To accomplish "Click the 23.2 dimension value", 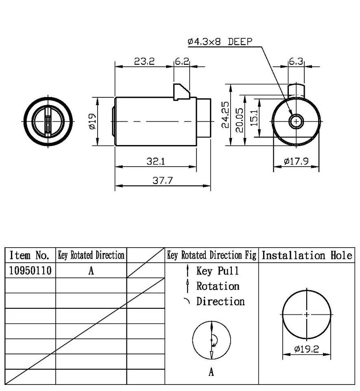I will pos(144,62).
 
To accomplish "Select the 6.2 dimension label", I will pos(181,62).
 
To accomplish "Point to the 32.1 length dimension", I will pos(156,161).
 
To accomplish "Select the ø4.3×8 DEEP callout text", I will pos(220,42).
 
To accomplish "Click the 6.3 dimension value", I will pos(296,62).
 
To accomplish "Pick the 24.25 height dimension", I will pos(225,115).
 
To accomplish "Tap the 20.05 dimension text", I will pos(240,121).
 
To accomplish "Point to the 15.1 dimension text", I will pos(254,117).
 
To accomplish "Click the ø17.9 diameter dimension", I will pos(296,162).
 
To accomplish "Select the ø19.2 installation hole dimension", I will pos(307,349).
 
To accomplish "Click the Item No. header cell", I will pos(29,255).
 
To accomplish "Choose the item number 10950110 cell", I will pos(30,271).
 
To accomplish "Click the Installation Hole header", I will pos(306,255).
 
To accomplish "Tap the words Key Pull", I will pos(217,271).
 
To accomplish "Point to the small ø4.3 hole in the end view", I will pos(296,121).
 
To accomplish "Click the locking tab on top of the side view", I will pos(181,92).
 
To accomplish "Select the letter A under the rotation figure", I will pos(211,372).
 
